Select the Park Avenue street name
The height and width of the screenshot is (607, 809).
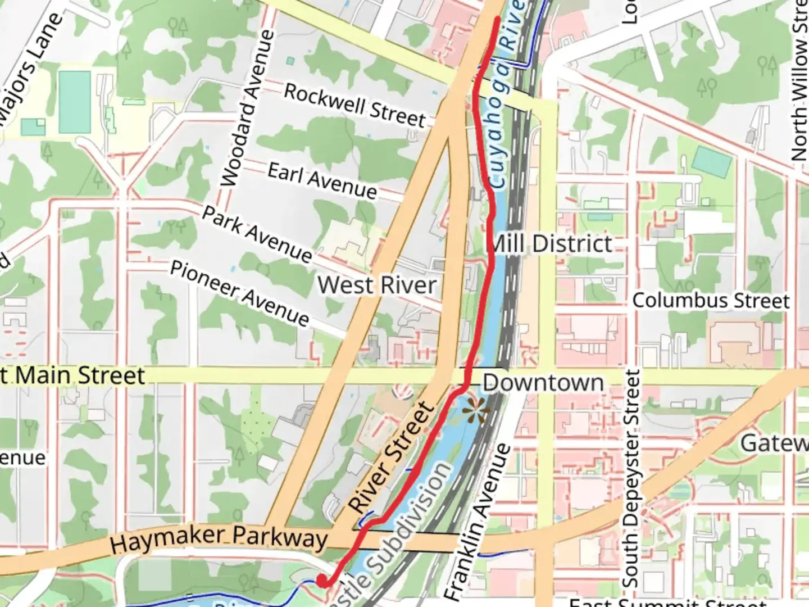point(257,234)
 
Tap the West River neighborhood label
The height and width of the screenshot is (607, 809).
point(377,285)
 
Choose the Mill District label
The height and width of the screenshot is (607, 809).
point(551,244)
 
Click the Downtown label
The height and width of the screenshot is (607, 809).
point(543,383)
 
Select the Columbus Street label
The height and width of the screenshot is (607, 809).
point(711,301)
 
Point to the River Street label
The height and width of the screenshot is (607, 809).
point(392,457)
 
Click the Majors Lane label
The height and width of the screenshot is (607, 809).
point(31,67)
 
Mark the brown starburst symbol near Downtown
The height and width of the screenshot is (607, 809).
point(475,413)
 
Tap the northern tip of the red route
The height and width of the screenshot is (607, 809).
point(497,20)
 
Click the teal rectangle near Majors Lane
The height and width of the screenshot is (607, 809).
point(74,102)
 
